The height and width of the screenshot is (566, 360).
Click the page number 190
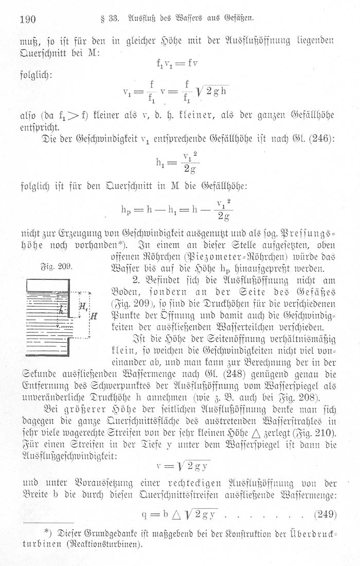pos(26,20)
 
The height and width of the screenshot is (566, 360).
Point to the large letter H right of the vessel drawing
pos(94,315)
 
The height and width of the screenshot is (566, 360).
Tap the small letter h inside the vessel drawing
pos(62,310)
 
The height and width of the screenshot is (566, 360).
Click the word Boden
pos(125,292)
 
